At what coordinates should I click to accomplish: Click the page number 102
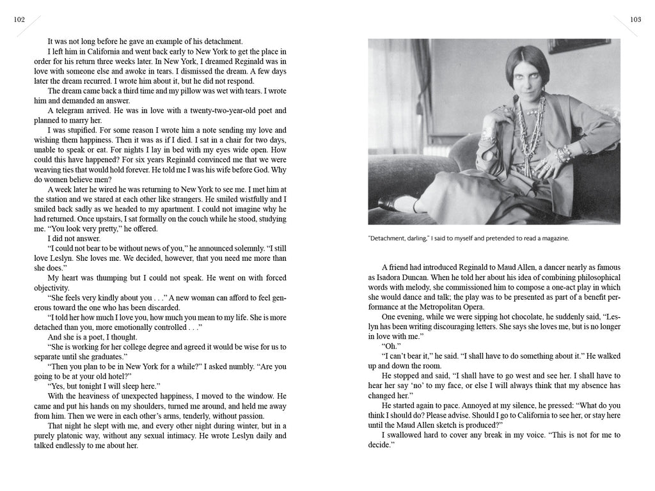19,19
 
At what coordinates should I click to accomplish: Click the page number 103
635,19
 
